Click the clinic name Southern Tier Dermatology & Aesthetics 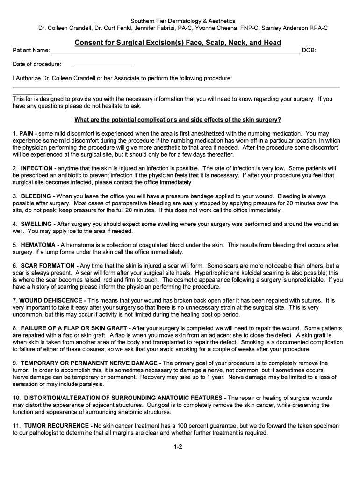(183, 21)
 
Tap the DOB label (310, 51)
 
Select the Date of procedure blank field (102, 65)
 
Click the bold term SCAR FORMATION (48, 265)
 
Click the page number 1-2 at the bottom (178, 447)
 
